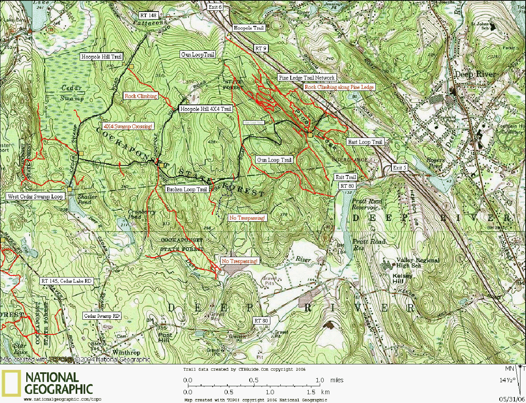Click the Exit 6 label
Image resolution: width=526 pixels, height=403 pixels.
click(215, 7)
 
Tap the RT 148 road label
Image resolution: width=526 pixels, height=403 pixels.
click(148, 16)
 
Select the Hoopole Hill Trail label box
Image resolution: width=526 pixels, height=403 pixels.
click(101, 57)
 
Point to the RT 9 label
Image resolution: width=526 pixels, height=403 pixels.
click(260, 48)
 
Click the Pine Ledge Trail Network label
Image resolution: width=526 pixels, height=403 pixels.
click(307, 78)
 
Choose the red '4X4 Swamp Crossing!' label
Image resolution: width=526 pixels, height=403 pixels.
click(128, 126)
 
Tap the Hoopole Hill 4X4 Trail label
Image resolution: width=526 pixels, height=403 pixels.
click(205, 109)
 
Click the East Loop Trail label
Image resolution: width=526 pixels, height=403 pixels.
click(365, 142)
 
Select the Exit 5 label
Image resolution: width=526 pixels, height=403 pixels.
click(399, 168)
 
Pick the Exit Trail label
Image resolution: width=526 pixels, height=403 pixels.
click(346, 177)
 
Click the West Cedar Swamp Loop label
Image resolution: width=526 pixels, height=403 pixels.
click(35, 197)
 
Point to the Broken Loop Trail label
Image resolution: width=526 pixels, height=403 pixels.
click(187, 189)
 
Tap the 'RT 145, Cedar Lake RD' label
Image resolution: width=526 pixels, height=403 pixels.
click(66, 281)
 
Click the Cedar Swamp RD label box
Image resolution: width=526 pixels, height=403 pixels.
click(102, 316)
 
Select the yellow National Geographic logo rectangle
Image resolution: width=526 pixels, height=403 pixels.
click(11, 383)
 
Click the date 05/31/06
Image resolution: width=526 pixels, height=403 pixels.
click(512, 399)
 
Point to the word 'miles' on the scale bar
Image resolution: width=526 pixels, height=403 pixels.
click(336, 380)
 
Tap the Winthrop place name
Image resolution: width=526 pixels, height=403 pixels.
click(126, 352)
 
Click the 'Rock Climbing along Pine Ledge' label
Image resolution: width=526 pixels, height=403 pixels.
click(339, 87)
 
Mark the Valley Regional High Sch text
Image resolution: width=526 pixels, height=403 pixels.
click(416, 263)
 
